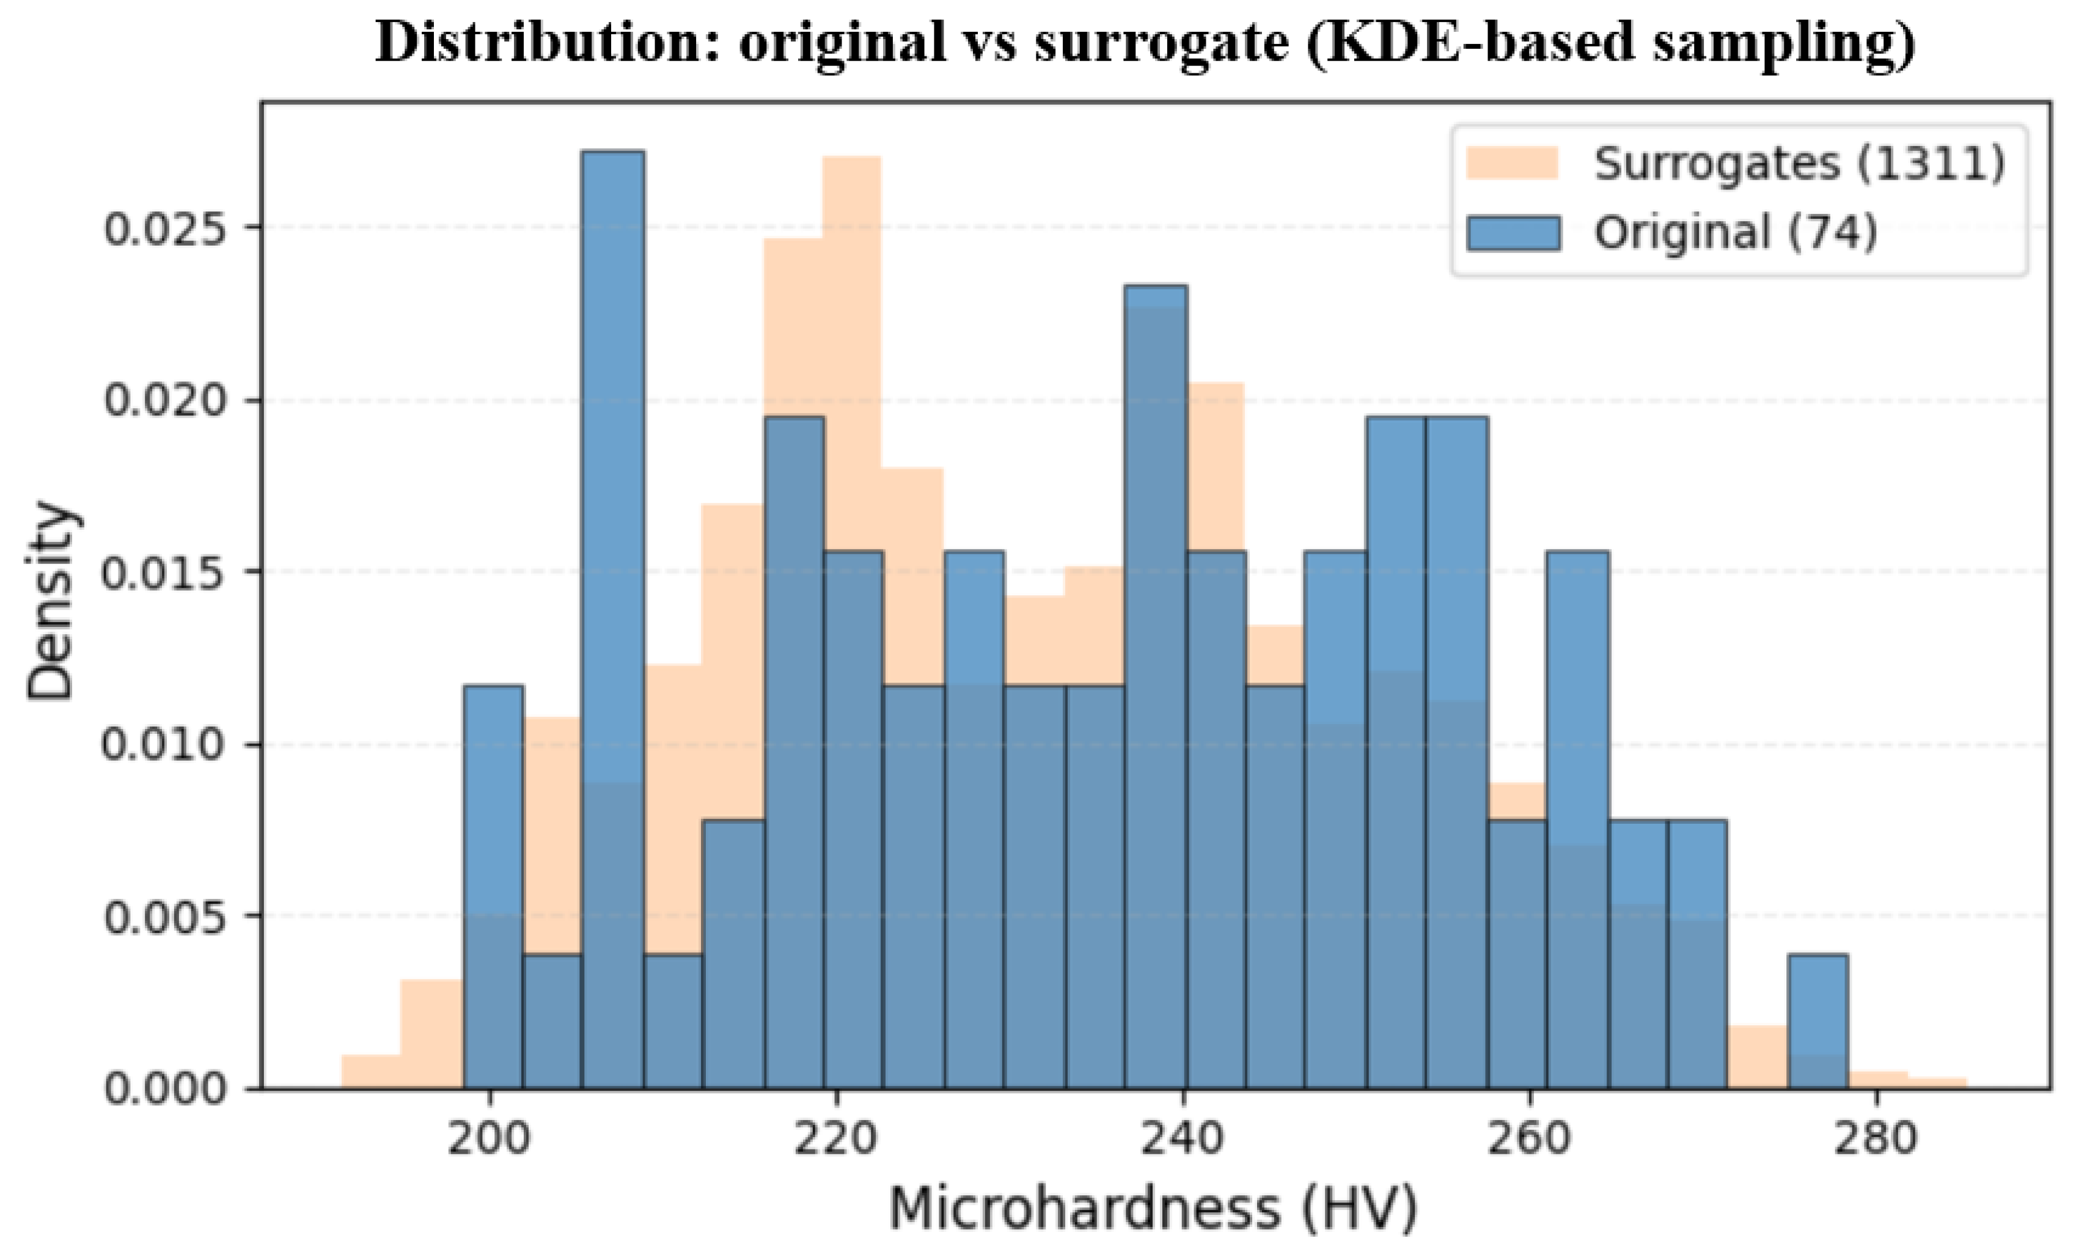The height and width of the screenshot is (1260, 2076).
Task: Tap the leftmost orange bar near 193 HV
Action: coord(371,1071)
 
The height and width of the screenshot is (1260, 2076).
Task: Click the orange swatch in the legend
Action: coord(1513,163)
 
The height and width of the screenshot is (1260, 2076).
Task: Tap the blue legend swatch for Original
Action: coord(1513,232)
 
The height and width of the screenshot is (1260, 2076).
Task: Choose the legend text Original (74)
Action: coord(1736,232)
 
